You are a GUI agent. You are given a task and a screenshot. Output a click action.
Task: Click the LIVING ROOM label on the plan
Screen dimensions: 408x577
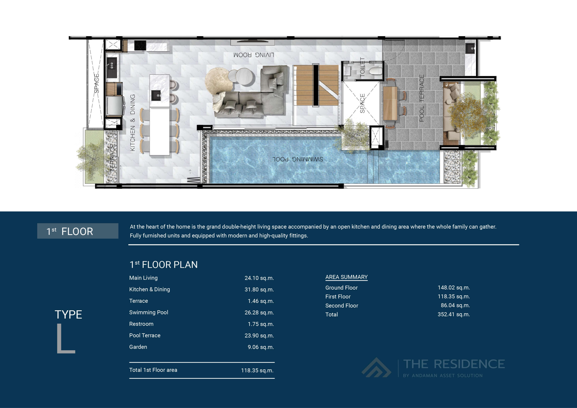(x=254, y=55)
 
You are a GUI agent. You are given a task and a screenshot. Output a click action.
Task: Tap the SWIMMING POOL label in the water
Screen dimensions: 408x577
(x=298, y=159)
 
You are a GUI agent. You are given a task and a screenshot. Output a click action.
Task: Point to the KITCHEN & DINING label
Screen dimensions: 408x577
(x=133, y=123)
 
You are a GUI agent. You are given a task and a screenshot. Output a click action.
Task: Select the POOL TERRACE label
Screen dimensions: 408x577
(x=422, y=98)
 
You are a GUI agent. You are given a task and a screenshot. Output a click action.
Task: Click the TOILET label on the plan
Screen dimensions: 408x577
(x=362, y=67)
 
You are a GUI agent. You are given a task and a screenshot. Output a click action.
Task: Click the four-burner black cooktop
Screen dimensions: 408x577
(x=140, y=46)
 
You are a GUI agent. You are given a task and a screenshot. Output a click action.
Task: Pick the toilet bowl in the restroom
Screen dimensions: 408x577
(x=376, y=71)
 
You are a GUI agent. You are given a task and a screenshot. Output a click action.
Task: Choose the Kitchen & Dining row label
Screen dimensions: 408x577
(x=149, y=289)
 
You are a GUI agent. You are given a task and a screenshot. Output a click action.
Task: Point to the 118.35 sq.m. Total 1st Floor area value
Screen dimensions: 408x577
(x=257, y=370)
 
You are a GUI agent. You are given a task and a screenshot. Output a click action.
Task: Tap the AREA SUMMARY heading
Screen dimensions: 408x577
(x=346, y=277)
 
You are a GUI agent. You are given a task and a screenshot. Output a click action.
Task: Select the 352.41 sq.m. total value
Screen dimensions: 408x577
(x=454, y=314)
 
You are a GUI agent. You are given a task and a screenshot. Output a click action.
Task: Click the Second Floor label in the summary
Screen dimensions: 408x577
(x=341, y=306)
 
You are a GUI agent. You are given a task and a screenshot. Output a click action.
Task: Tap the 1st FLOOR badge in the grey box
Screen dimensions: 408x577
(x=78, y=231)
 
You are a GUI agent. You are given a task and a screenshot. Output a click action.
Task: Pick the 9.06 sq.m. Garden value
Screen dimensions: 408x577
(x=261, y=347)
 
